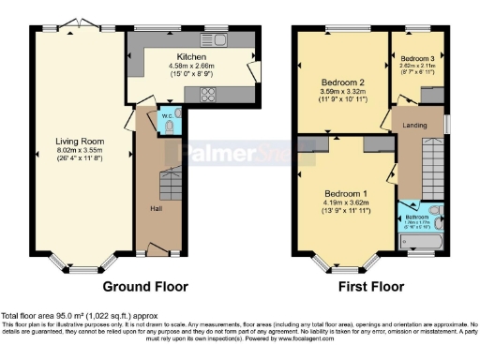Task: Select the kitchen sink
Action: point(217,40)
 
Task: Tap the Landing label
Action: point(415,125)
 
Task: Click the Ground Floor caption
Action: point(145,286)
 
